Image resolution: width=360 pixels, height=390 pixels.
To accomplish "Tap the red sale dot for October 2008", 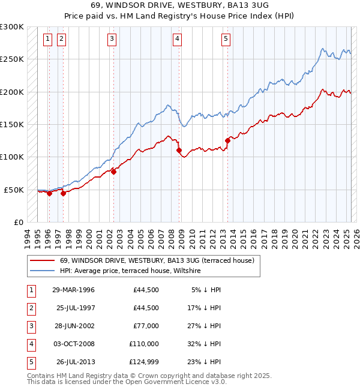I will (x=179, y=151).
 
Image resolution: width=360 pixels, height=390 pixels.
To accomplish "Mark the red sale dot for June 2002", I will (x=114, y=172).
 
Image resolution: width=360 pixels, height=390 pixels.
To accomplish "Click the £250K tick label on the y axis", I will (x=12, y=59).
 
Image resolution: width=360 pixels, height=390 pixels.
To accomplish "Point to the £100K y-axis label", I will (x=12, y=157).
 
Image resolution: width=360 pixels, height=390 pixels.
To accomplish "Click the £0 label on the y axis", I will (x=17, y=222).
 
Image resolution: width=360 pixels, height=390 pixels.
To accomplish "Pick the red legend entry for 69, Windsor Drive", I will (x=157, y=260).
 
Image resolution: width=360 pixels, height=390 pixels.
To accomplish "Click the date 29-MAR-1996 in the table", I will (x=73, y=290).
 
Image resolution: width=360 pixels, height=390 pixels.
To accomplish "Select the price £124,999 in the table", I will (x=144, y=362).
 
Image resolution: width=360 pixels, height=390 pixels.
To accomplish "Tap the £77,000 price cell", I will (x=146, y=326).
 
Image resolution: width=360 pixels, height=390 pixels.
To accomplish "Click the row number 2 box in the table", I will (x=31, y=308).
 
